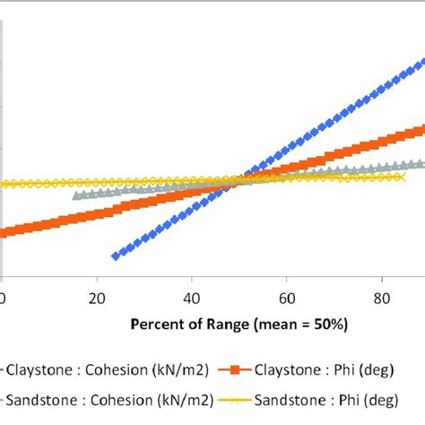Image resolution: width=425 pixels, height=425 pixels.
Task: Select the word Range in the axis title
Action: coord(226,323)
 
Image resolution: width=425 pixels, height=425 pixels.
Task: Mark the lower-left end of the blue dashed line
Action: coord(115,256)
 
